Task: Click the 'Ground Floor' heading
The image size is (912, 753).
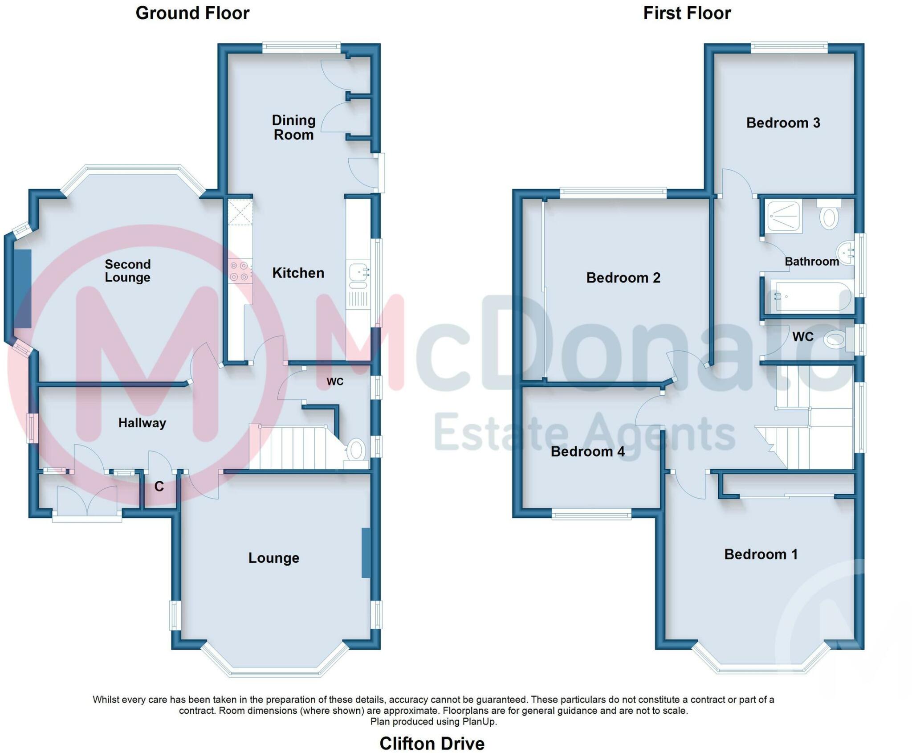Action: pyautogui.click(x=192, y=13)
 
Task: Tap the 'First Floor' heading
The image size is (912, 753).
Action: pyautogui.click(x=687, y=13)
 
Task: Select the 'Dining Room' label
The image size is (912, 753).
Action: pyautogui.click(x=293, y=127)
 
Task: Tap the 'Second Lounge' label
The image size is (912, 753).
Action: pyautogui.click(x=127, y=270)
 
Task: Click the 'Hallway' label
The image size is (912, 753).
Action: pyautogui.click(x=142, y=423)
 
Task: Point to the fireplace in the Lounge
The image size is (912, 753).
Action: pyautogui.click(x=366, y=553)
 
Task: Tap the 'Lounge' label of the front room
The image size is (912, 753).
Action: pyautogui.click(x=274, y=558)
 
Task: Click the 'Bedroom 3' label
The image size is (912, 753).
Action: pyautogui.click(x=783, y=123)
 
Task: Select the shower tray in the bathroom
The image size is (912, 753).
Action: pyautogui.click(x=783, y=216)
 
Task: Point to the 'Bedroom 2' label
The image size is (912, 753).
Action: pyautogui.click(x=623, y=278)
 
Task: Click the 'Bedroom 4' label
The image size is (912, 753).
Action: pyautogui.click(x=588, y=451)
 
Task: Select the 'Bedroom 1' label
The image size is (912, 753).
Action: pyautogui.click(x=761, y=554)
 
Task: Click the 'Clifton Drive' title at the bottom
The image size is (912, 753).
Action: pyautogui.click(x=432, y=743)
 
